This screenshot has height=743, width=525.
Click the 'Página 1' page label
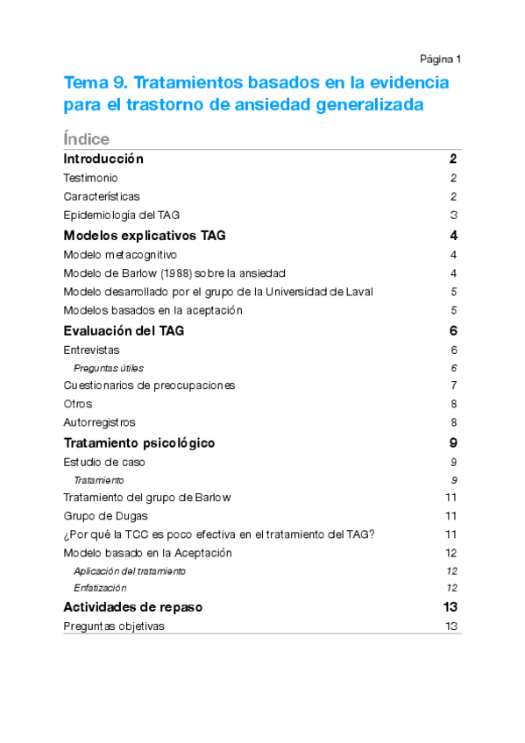(x=440, y=59)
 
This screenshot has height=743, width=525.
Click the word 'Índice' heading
(x=87, y=138)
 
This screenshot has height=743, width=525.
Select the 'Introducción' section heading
(x=103, y=159)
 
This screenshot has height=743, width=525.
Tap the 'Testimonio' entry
(x=91, y=178)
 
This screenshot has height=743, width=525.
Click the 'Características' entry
(x=102, y=196)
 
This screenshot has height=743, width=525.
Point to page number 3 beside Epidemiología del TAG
(x=454, y=215)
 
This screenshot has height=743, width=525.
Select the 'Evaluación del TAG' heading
(x=124, y=331)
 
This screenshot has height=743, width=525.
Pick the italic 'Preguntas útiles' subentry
(x=109, y=368)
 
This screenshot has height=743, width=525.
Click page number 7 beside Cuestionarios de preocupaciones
(x=454, y=386)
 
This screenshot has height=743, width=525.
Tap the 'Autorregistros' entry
(x=99, y=422)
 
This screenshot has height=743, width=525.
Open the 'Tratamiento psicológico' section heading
(x=139, y=442)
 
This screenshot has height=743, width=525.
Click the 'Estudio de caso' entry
(x=104, y=462)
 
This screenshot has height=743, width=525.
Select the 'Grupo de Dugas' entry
(x=106, y=516)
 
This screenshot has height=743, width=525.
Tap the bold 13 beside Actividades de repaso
(x=451, y=607)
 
